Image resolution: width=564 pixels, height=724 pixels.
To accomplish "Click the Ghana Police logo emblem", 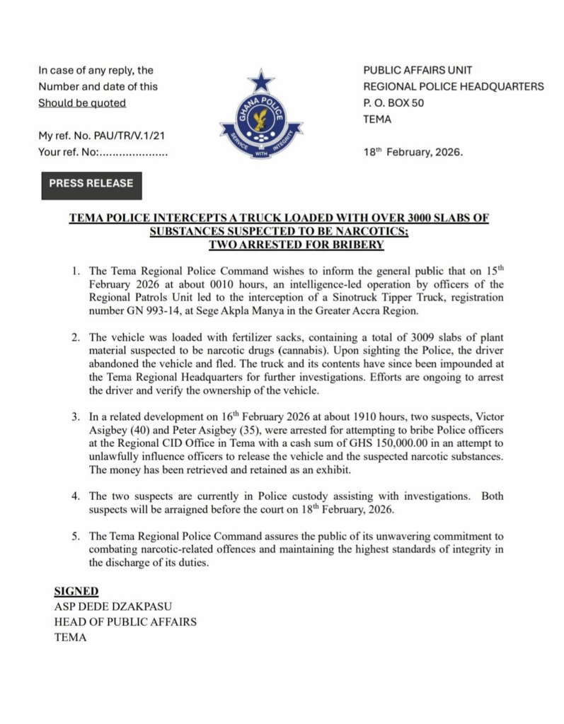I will tap(260, 119).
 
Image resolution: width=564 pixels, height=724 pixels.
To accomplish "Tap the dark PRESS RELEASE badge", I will tap(91, 184).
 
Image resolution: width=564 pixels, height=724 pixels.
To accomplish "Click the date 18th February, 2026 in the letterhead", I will tap(413, 152).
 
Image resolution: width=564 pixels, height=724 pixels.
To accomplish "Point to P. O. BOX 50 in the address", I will tap(393, 103).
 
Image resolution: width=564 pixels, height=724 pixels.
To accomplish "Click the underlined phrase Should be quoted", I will tap(82, 103).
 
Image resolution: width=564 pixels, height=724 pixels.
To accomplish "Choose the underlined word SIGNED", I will tap(76, 591).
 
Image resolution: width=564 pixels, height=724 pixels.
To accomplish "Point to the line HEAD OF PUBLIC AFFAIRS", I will tap(125, 622).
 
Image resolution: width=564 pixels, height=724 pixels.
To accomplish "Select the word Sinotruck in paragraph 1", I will tap(343, 297).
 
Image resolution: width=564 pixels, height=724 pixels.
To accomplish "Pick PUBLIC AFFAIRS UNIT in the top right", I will tap(418, 71).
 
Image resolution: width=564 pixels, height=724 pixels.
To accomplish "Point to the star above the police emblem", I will tap(260, 80).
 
